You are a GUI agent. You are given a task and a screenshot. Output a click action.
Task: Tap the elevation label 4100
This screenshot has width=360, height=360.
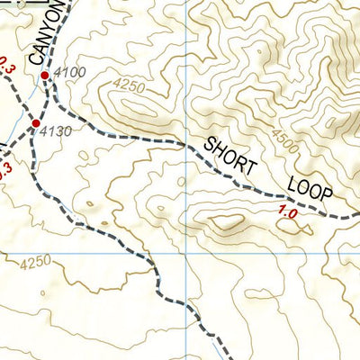click(70, 72)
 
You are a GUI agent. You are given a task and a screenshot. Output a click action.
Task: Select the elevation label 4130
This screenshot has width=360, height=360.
click(55, 131)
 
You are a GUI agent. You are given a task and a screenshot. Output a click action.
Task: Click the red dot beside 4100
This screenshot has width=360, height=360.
click(45, 76)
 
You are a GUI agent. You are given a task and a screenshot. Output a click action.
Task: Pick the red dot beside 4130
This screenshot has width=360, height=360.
click(36, 122)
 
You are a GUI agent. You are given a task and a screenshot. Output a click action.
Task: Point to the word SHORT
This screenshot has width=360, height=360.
click(231, 156)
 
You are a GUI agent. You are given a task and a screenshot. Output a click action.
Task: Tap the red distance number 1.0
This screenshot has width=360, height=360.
click(288, 214)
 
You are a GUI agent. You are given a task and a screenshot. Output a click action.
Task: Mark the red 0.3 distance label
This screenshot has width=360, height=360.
click(4, 64)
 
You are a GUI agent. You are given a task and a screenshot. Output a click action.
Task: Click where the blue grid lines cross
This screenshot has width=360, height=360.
click(186, 254)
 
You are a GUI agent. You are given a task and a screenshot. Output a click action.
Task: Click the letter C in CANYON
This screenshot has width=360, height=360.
click(36, 59)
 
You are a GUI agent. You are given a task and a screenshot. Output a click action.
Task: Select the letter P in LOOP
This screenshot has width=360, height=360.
click(326, 195)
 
